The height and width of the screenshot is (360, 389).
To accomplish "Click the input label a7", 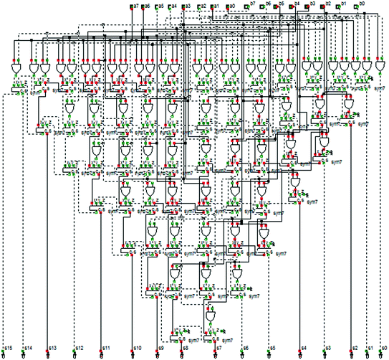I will pyautogui.click(x=135, y=6).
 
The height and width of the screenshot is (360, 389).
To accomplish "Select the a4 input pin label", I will pyautogui.click(x=175, y=6).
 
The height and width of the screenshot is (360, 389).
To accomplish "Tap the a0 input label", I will pyautogui.click(x=232, y=6).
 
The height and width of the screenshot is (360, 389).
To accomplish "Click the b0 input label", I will pyautogui.click(x=362, y=4).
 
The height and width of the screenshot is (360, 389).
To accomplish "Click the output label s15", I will pyautogui.click(x=8, y=348).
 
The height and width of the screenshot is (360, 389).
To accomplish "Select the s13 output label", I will pyautogui.click(x=52, y=348).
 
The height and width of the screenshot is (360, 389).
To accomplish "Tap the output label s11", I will pyautogui.click(x=106, y=348).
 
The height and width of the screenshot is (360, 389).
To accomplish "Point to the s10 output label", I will pyautogui.click(x=137, y=348).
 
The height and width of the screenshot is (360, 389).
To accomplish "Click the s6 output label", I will pyautogui.click(x=245, y=348).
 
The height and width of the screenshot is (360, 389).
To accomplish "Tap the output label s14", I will pyautogui.click(x=28, y=348).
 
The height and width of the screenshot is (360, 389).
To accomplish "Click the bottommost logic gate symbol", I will pyautogui.click(x=211, y=316).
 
